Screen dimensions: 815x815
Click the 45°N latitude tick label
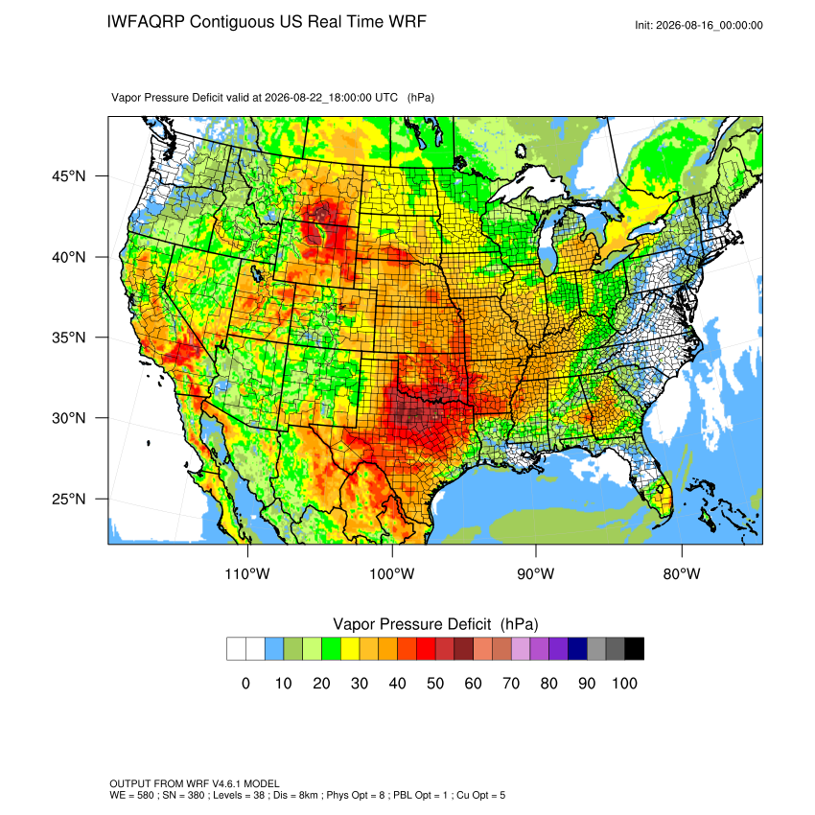point(69,176)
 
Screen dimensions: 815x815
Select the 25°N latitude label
point(69,499)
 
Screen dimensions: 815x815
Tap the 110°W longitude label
point(247,573)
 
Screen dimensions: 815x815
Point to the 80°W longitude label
point(682,573)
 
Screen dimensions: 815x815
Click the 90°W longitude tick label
point(536,573)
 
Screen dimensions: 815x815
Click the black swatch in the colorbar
point(635,649)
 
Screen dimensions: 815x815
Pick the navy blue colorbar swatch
point(577,649)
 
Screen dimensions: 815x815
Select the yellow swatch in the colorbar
point(350,649)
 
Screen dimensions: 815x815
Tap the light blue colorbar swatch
point(274,649)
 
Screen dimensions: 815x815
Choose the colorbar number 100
point(625,683)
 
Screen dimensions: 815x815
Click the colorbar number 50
point(435,683)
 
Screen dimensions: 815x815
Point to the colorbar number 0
point(245,683)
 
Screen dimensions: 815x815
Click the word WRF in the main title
point(409,22)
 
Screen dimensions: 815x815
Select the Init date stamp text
point(699,25)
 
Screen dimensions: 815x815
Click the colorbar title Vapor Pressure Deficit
point(411,624)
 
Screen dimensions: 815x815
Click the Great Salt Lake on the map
point(255,273)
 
